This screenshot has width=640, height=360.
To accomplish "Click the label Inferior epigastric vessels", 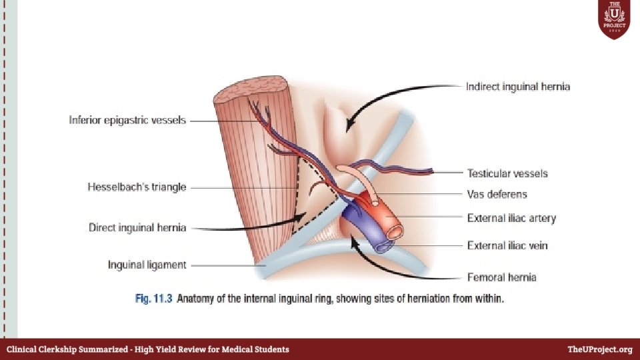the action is [x=127, y=121].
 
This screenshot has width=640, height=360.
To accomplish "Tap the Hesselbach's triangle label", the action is [x=137, y=187].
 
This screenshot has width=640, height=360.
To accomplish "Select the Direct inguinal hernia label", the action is [x=137, y=228].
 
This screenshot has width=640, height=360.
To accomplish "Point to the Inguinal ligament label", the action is [x=147, y=265].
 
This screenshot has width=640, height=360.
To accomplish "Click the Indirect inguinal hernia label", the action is [x=518, y=87].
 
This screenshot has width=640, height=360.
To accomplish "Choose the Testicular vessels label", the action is [x=507, y=173].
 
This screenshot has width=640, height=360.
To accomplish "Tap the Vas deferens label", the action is [x=497, y=195].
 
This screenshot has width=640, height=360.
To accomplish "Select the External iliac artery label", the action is [x=511, y=218].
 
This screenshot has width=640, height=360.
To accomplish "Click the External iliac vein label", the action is [x=507, y=246].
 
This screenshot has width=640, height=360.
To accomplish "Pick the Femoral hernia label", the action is [x=501, y=277].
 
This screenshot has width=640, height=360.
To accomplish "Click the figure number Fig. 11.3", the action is [x=153, y=299].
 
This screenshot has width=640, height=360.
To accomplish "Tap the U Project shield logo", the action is [x=613, y=20].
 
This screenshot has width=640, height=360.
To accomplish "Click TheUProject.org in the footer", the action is [x=599, y=349].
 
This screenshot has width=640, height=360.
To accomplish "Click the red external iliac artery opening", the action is [x=395, y=231].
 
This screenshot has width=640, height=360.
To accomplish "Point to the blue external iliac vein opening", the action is [x=383, y=247].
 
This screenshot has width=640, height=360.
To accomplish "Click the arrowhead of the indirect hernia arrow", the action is [x=346, y=127].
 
